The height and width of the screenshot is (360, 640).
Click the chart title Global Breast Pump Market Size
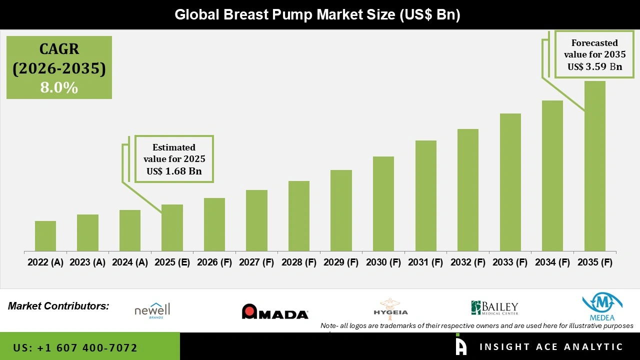(317, 14)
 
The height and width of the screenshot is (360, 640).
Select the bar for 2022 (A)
(45, 236)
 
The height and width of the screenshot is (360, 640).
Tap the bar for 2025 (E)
(172, 227)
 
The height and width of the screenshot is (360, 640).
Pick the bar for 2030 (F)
(383, 203)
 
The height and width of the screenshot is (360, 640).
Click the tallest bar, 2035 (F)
(594, 166)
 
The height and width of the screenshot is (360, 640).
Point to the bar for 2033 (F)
(510, 182)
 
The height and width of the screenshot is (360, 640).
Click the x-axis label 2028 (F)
(299, 262)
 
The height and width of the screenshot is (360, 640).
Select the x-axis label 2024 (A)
(130, 262)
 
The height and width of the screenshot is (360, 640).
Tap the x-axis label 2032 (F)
(468, 262)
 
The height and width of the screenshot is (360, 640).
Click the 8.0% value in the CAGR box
(59, 88)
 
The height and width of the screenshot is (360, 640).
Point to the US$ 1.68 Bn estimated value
(174, 171)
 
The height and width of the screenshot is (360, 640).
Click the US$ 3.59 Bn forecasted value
(594, 66)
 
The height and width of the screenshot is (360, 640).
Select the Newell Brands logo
(152, 310)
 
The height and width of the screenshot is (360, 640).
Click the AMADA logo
(275, 312)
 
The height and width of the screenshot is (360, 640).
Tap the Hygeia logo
(390, 307)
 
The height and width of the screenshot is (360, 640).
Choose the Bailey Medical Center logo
(494, 308)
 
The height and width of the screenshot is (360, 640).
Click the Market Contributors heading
(58, 305)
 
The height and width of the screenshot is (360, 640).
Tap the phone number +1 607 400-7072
(75, 347)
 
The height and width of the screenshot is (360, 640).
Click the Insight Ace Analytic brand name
(551, 347)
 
